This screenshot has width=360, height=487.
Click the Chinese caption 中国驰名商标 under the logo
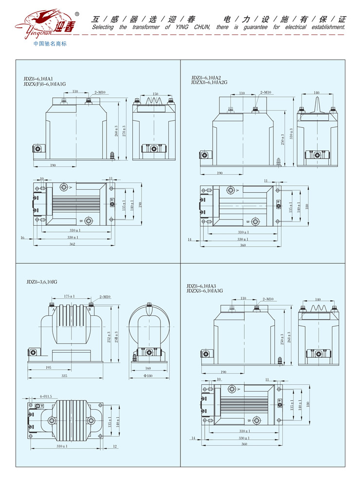point(49,44)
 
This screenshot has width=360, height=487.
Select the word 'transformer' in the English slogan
point(146,27)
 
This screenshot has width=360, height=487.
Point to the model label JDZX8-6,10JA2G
point(209,82)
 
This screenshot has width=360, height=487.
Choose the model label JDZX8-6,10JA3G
point(204,290)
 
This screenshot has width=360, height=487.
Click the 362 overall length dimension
point(72,243)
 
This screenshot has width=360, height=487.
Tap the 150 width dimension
point(155,94)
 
